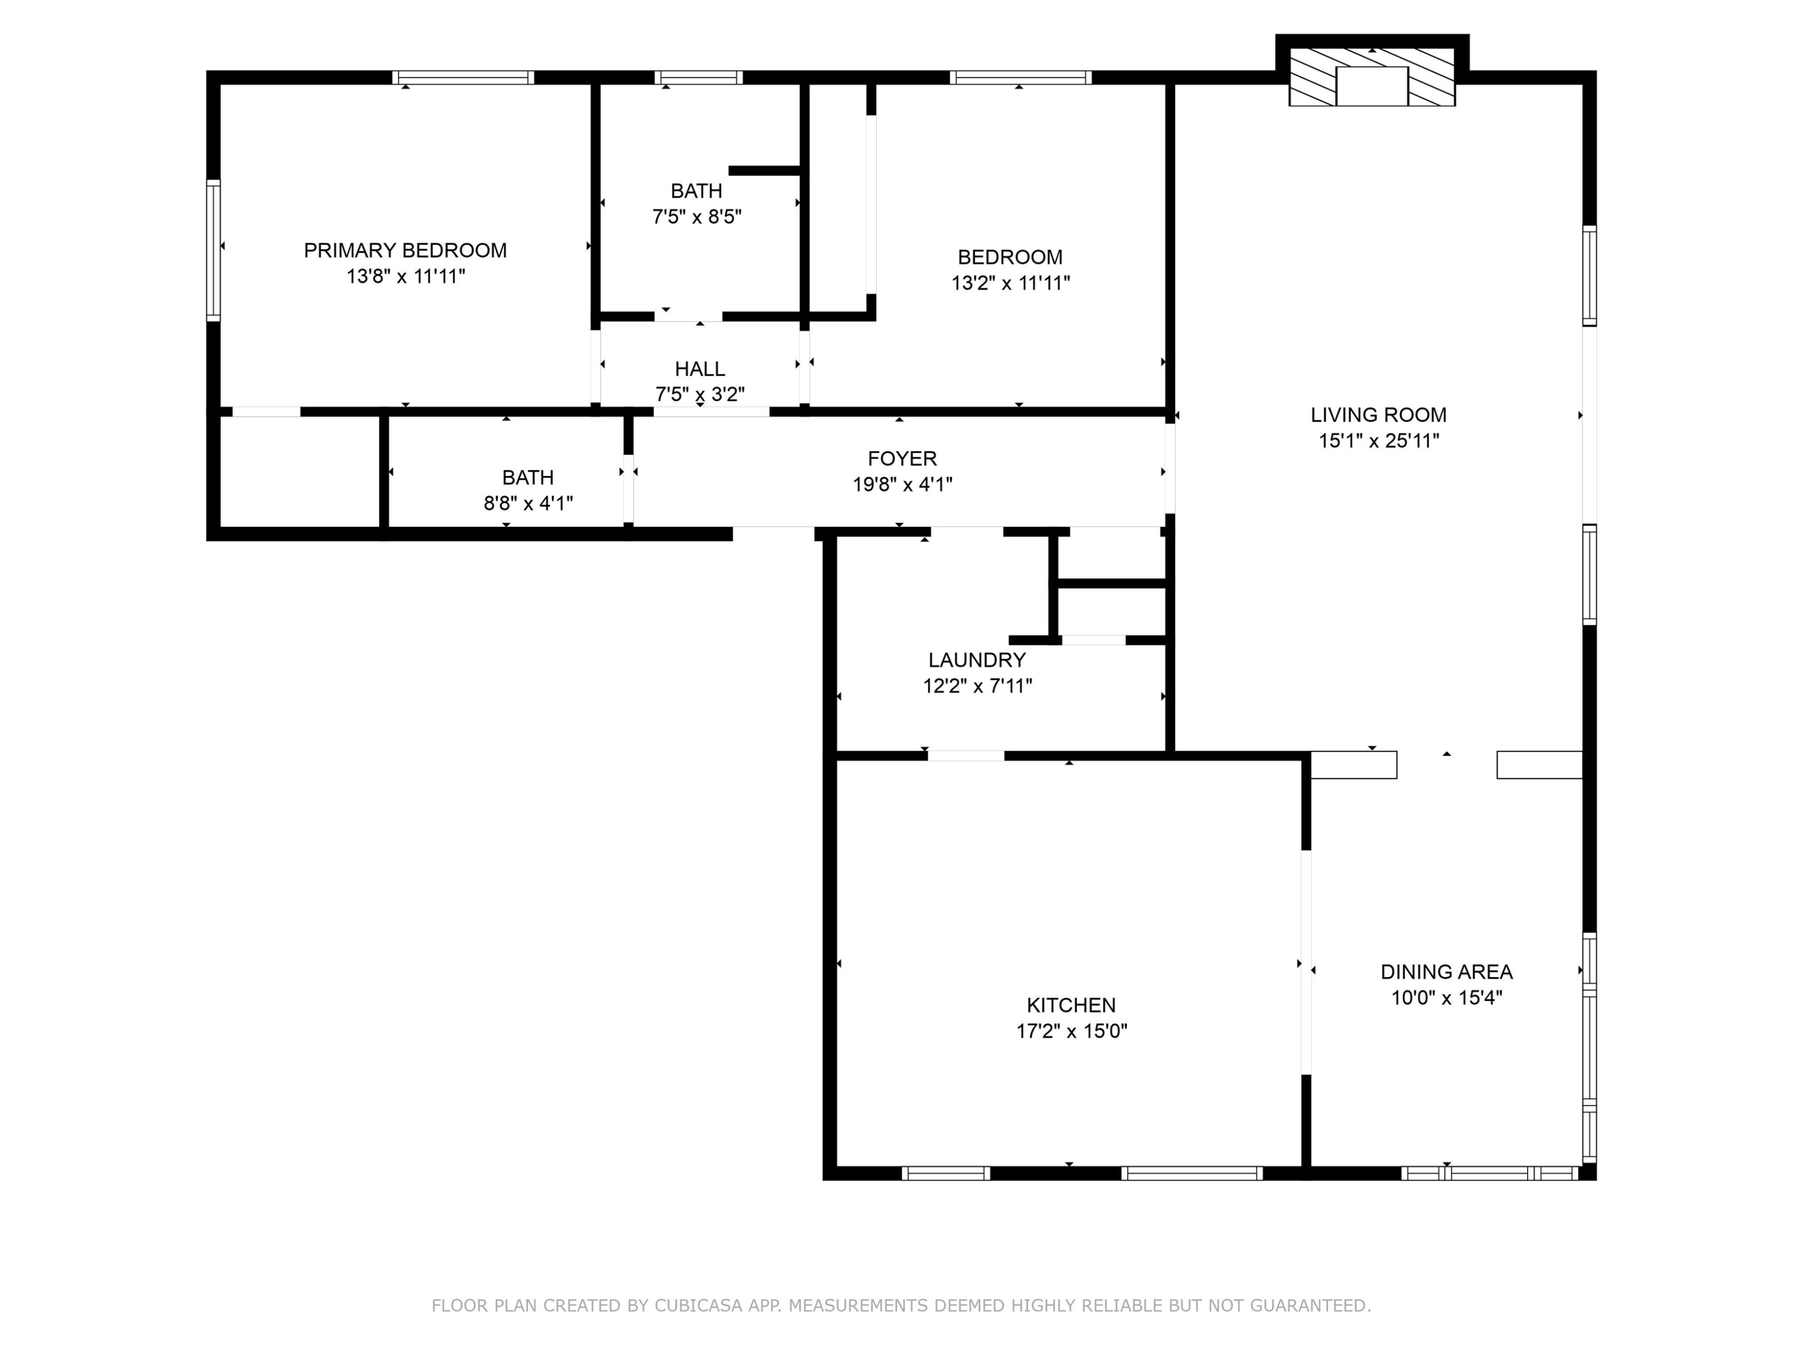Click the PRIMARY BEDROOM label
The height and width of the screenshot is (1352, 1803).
pos(405,250)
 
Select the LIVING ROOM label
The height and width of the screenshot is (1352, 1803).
pos(1378,415)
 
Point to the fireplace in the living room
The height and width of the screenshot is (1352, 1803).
pos(1372,76)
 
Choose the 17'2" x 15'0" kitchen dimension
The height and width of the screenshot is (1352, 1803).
pos(1071,1031)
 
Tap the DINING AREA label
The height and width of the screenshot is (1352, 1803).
pos(1446,972)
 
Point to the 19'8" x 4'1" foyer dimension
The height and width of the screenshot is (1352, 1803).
pos(901,484)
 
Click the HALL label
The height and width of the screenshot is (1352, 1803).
pos(700,368)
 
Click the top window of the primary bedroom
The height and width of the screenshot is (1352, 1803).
pos(463,78)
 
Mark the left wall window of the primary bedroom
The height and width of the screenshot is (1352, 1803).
pos(213,250)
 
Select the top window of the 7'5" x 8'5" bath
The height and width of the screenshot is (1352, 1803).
pos(698,78)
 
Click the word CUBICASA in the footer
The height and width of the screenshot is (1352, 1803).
pos(698,1306)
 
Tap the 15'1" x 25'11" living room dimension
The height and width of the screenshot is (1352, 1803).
pos(1378,441)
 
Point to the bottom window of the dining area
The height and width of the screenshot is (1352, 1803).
pos(1491,1174)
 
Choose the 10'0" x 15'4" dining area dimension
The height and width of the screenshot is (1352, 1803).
pos(1446,997)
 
